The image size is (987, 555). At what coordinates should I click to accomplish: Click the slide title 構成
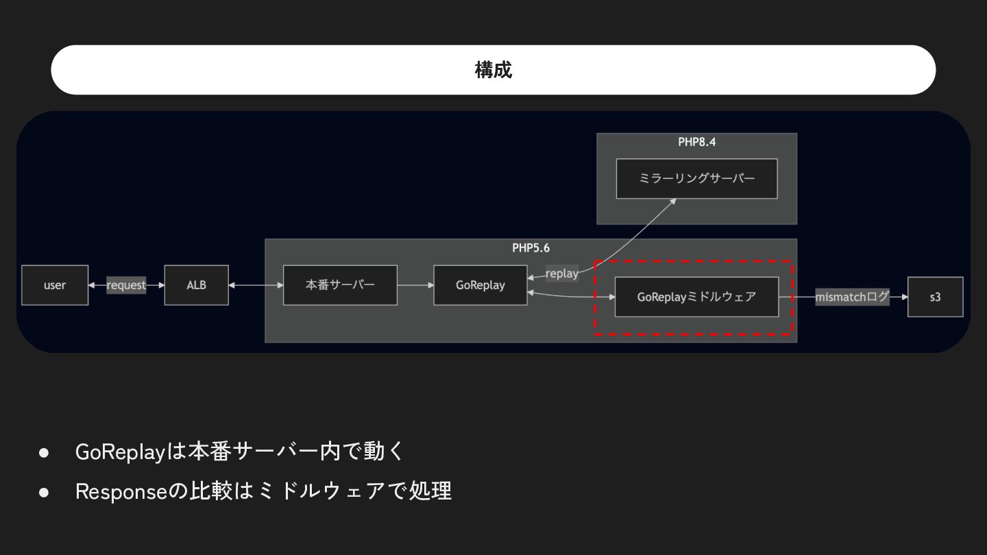493,70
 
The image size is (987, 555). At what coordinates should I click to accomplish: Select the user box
55,285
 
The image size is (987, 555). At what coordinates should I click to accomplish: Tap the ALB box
196,285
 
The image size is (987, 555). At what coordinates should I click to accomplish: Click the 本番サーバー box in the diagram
340,285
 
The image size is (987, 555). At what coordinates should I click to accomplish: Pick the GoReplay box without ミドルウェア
480,285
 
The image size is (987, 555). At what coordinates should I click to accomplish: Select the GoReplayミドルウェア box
696,297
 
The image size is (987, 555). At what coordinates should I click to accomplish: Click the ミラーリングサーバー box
696,179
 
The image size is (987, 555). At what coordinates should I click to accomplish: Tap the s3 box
935,297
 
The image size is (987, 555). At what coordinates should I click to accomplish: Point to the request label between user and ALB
126,285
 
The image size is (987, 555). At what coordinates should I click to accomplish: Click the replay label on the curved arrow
561,273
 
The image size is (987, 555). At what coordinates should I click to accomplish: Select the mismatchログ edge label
851,297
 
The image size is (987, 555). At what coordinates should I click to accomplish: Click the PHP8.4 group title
696,143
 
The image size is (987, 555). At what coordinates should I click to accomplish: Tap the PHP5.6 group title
531,248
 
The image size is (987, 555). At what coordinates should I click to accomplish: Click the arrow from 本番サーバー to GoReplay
415,285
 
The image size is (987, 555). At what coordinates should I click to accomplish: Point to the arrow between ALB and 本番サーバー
256,285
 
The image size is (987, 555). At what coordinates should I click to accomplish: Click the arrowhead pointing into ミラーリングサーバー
673,201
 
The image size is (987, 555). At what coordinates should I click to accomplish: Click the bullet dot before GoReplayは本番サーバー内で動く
45,452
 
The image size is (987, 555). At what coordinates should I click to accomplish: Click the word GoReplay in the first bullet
121,452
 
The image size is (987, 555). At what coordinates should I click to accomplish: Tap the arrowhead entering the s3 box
904,297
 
